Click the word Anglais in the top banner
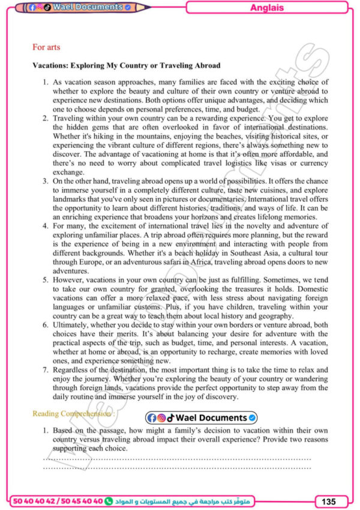pyautogui.click(x=266, y=8)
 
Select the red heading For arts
pyautogui.click(x=46, y=47)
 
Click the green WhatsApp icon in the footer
pyautogui.click(x=108, y=500)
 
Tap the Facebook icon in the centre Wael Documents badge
pyautogui.click(x=151, y=418)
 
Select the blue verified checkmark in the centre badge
pyautogui.click(x=253, y=418)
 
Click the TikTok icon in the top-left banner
pyautogui.click(x=47, y=7)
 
